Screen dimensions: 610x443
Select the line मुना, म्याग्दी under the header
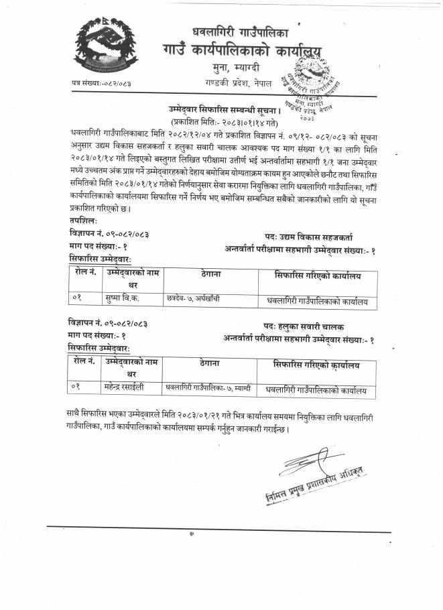pos(235,68)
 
